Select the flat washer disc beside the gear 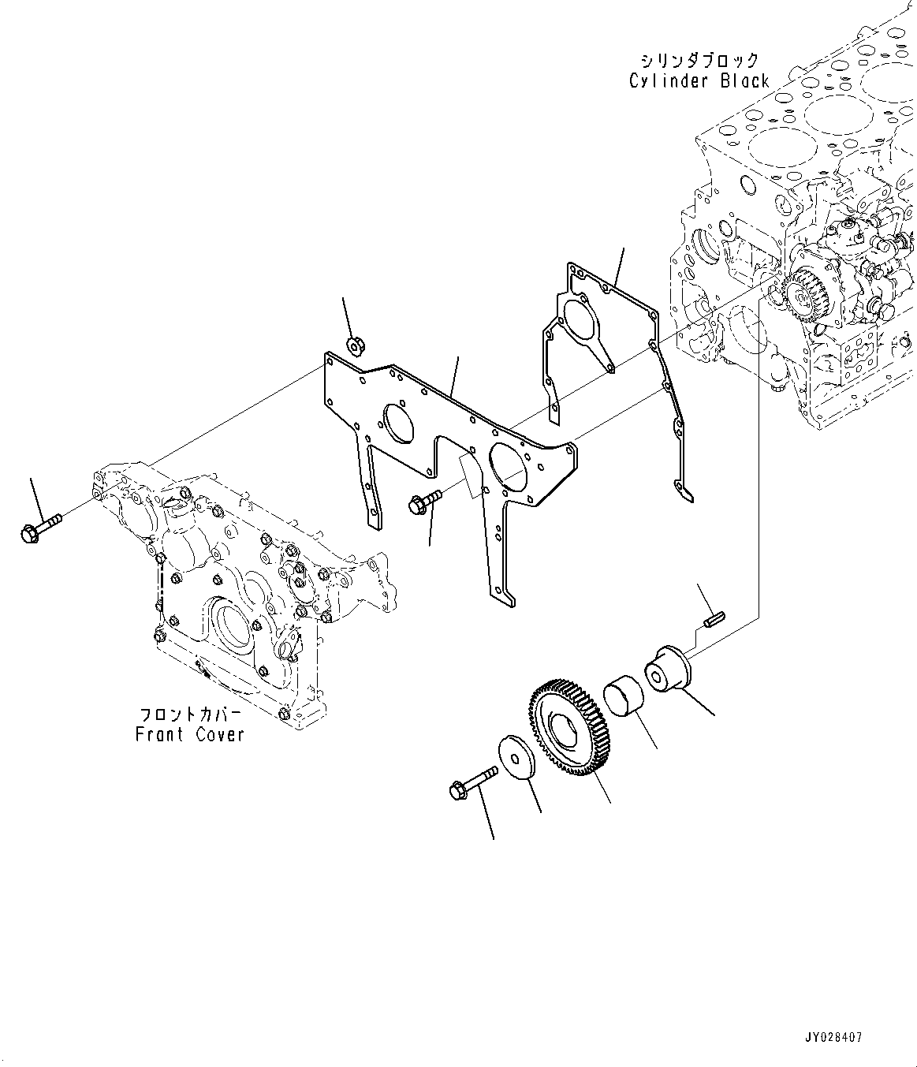[517, 760]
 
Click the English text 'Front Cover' [190, 735]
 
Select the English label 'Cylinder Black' [699, 80]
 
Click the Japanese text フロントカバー [191, 714]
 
